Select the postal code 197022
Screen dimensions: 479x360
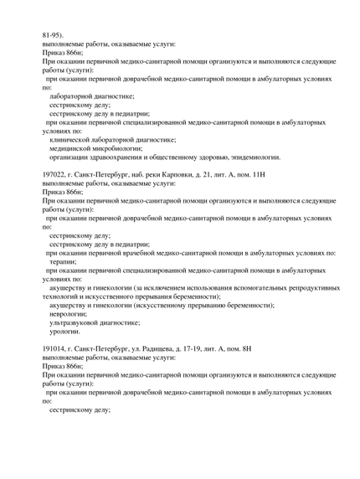55,173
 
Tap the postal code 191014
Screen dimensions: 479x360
55,348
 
